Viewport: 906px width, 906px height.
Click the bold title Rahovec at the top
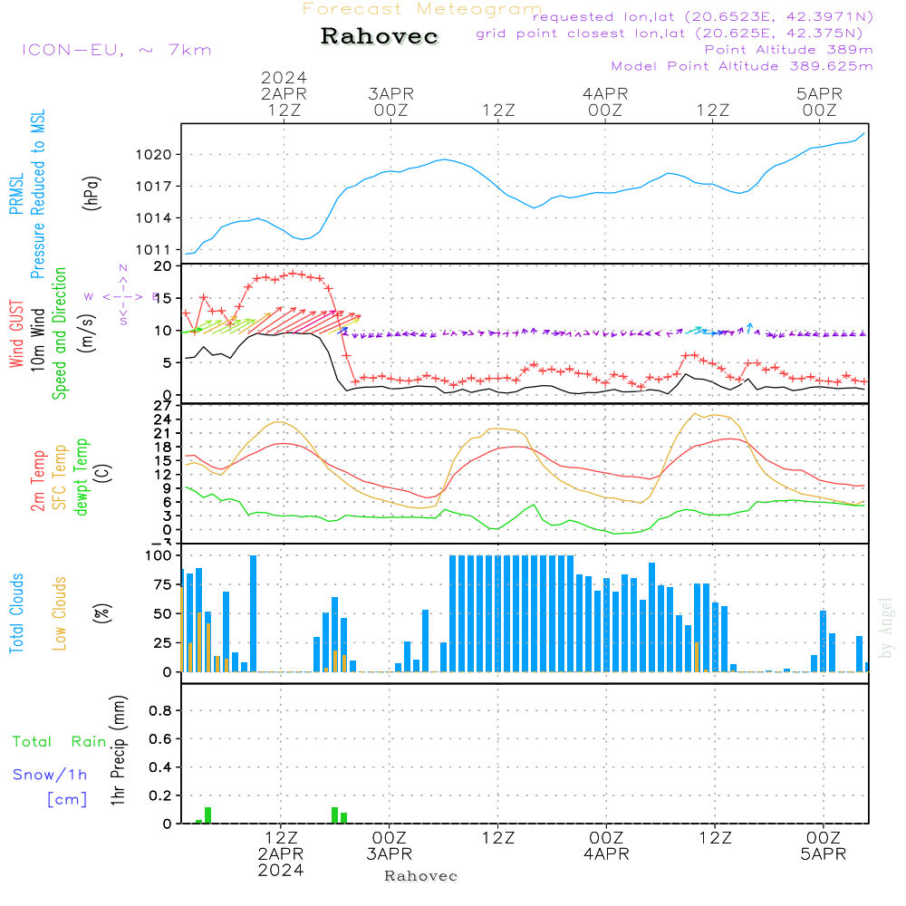point(380,37)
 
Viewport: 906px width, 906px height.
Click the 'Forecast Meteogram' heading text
point(422,9)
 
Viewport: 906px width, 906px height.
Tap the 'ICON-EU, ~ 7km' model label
point(116,50)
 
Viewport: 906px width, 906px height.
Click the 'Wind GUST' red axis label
point(17,333)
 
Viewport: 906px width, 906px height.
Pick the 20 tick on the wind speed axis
point(163,266)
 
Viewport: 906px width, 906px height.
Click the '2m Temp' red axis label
point(38,480)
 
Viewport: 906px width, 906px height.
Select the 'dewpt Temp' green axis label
point(81,477)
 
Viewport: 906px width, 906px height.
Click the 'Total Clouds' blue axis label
point(17,613)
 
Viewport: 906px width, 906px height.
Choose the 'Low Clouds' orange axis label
point(60,613)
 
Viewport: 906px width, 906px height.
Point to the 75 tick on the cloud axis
point(159,585)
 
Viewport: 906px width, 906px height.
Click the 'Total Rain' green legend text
point(60,742)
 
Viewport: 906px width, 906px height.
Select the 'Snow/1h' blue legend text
point(51,775)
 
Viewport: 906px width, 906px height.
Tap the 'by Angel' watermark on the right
point(886,628)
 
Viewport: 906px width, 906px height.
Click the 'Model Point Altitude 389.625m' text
point(742,66)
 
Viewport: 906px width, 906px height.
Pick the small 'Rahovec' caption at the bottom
point(421,876)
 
